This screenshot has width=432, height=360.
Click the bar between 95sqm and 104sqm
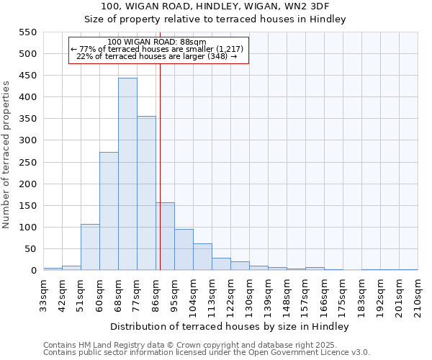[x=184, y=250]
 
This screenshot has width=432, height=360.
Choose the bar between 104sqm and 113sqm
[x=202, y=257]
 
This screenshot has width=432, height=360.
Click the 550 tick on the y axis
[x=27, y=32]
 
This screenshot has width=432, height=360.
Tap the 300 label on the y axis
[x=27, y=140]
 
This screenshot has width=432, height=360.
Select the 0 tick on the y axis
[x=33, y=271]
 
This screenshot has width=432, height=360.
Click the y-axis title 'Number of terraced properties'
[x=6, y=155]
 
